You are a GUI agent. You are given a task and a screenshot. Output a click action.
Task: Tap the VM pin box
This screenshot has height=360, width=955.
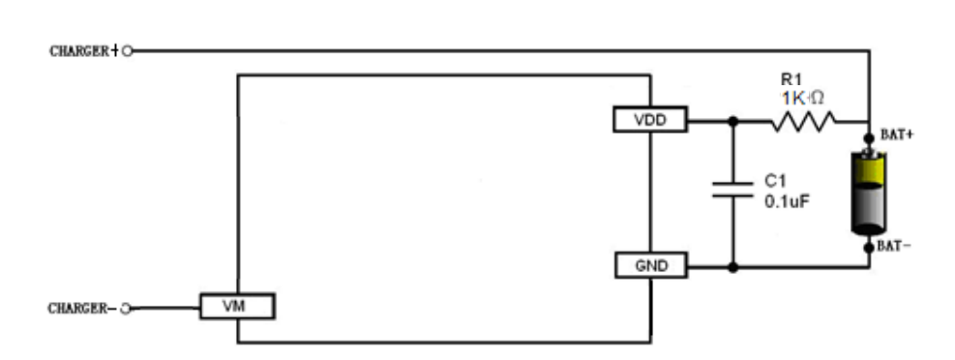click(x=237, y=308)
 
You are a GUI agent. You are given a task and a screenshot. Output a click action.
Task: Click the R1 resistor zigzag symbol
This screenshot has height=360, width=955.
click(x=802, y=121)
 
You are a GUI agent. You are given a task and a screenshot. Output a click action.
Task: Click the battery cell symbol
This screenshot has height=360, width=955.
click(x=870, y=194)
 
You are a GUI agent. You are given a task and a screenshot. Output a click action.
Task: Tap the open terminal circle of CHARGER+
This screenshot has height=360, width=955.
click(x=127, y=50)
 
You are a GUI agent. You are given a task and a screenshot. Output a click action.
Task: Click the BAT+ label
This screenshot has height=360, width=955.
click(x=896, y=135)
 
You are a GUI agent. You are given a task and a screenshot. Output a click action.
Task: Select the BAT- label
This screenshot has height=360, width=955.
click(x=895, y=248)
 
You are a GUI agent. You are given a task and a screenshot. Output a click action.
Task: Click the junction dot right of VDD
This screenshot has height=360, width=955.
click(x=732, y=121)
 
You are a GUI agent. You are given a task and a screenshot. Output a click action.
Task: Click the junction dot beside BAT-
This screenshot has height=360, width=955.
click(x=870, y=248)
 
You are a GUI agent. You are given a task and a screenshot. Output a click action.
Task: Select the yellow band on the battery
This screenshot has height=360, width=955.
click(x=870, y=171)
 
